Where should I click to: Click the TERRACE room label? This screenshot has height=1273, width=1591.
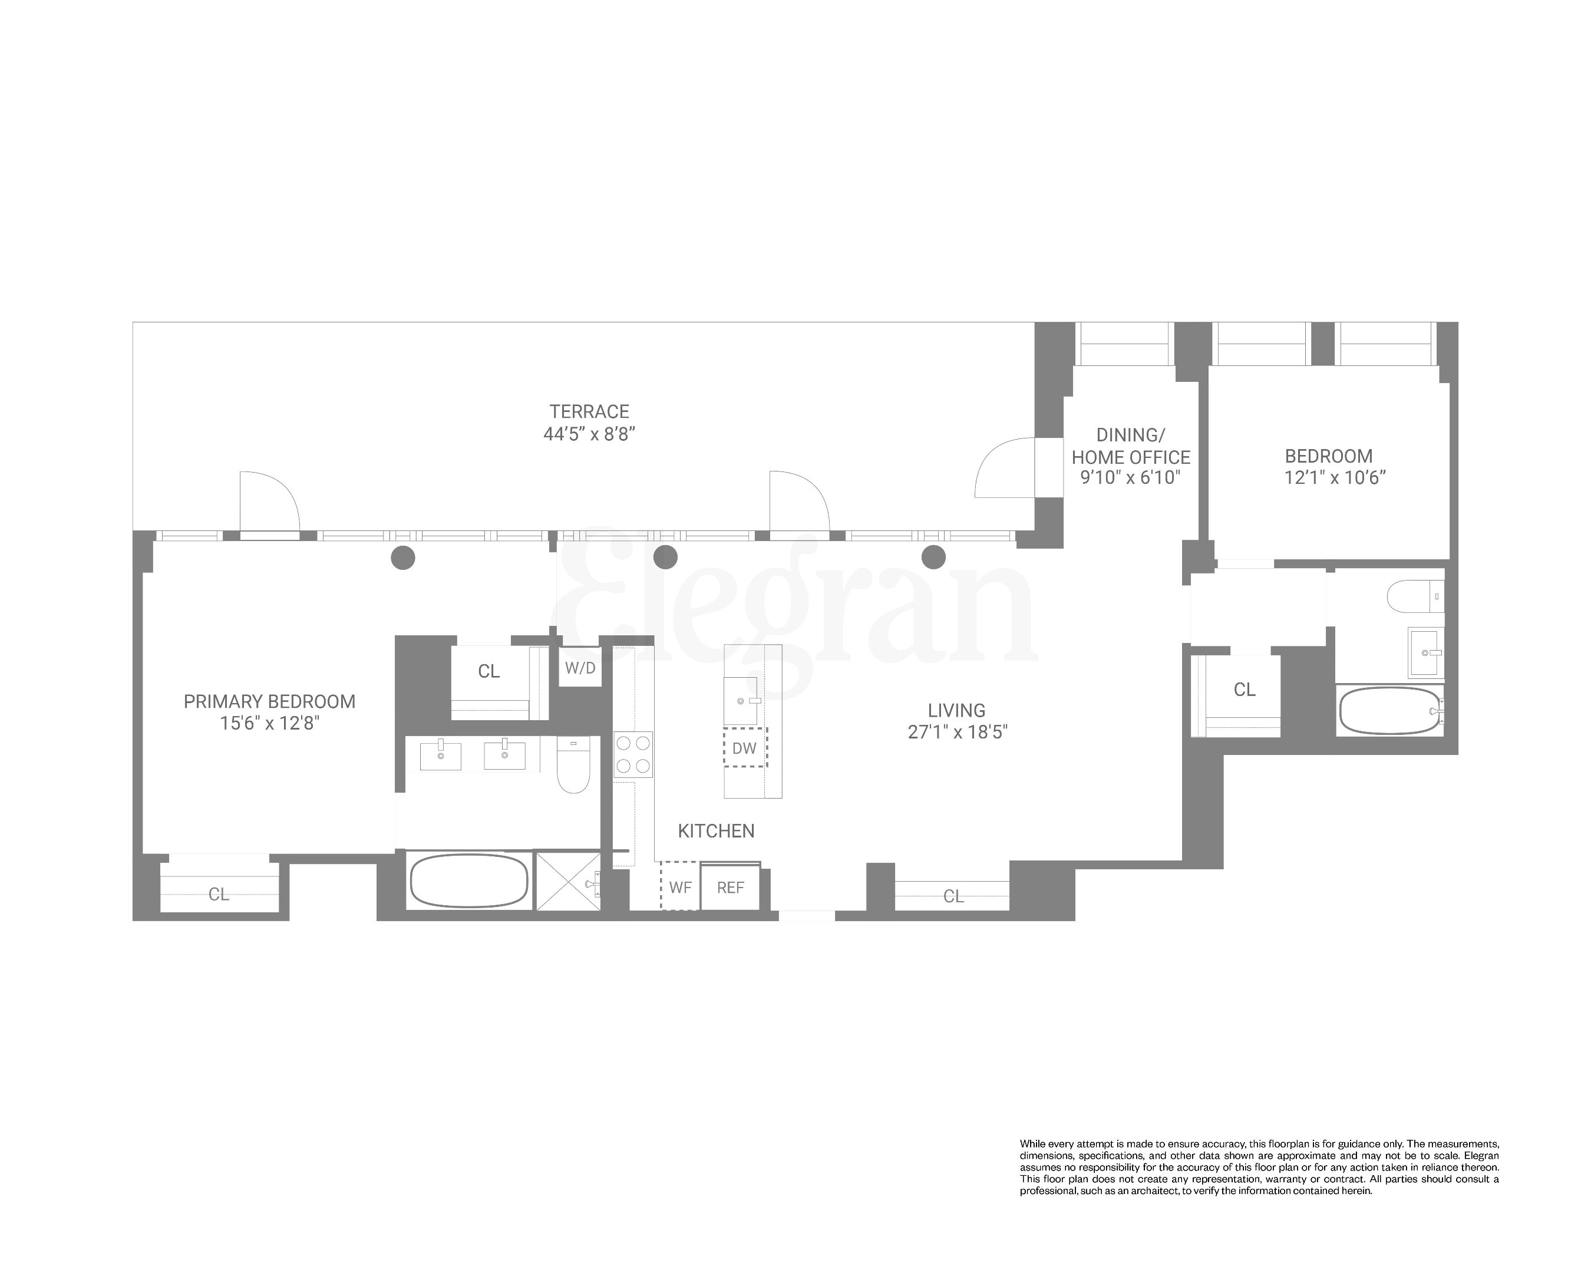(589, 412)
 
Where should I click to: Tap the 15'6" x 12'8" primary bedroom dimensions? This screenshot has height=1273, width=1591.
(269, 723)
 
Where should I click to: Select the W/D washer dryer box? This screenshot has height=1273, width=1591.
(580, 668)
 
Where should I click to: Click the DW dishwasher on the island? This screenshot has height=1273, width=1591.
(745, 747)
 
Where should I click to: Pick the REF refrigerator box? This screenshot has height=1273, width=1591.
(731, 888)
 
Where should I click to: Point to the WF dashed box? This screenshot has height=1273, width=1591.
(679, 887)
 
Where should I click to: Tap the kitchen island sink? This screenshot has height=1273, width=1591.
(741, 701)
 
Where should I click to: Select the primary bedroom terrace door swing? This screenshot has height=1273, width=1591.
(269, 500)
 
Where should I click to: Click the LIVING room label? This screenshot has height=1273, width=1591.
(956, 711)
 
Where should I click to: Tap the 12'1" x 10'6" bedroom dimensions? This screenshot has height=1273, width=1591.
(1334, 478)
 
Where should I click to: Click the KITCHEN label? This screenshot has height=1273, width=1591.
(716, 831)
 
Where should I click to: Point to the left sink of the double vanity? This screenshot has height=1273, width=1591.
(441, 756)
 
